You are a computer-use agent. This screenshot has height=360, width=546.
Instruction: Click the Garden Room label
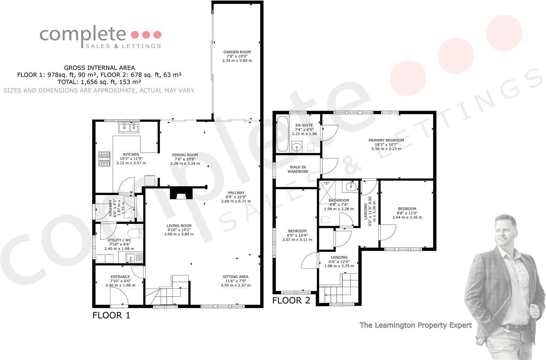[237, 52]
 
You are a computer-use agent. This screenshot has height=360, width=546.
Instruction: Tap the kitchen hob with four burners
[104, 159]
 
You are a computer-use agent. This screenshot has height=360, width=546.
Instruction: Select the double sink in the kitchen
[128, 128]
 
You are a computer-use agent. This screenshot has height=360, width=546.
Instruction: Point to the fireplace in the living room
[181, 193]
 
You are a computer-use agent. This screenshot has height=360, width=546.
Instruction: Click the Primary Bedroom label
[386, 140]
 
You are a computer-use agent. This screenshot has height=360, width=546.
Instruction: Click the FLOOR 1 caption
[111, 315]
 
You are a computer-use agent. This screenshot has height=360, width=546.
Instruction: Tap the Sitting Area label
[236, 277]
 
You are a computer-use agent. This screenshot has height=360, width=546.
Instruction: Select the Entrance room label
[120, 277]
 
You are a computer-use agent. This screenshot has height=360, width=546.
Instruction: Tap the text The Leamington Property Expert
[416, 325]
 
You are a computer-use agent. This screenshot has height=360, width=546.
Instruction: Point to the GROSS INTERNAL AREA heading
[99, 67]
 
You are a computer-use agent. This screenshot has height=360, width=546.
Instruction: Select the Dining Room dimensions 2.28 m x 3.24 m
[185, 163]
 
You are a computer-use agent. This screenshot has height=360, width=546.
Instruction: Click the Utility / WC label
[119, 240]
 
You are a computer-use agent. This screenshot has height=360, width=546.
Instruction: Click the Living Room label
[179, 226]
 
